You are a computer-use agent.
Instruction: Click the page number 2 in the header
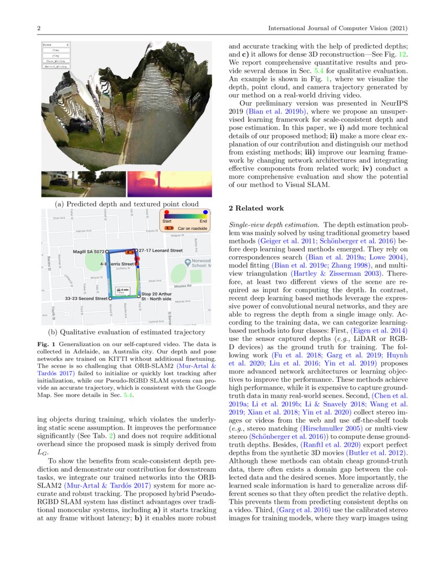pos(39,28)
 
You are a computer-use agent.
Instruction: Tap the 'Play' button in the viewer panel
pos(56,55)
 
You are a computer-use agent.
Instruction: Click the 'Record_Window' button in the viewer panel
pos(56,67)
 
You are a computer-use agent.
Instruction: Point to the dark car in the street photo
pos(58,183)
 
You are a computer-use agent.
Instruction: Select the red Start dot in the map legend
pos(167,213)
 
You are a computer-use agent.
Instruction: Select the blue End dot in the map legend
pos(205,213)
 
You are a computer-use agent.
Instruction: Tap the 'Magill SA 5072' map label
pos(90,251)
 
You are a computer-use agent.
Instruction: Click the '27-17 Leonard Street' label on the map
pos(161,251)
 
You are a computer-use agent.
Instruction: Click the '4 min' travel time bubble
pos(123,290)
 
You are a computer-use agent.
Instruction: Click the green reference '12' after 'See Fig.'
pos(404,53)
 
